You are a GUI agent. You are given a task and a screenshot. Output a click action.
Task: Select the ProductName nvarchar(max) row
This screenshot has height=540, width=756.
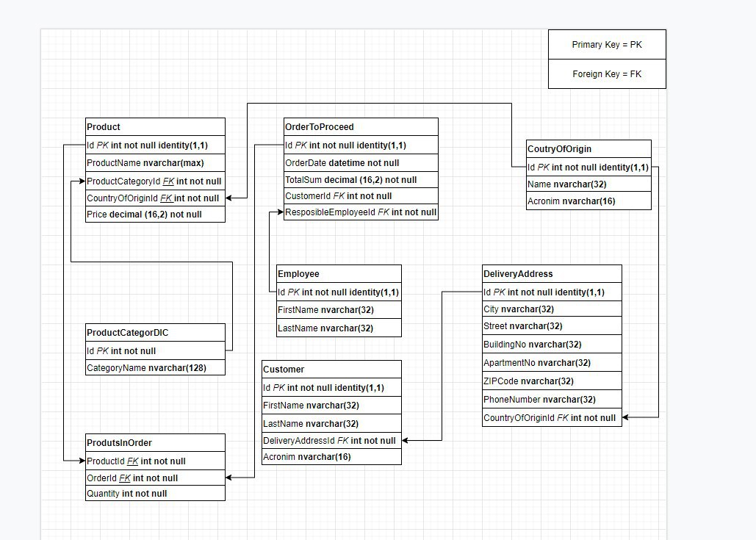[x=155, y=163]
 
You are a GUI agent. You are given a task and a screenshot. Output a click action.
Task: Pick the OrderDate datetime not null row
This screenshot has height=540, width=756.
[x=361, y=163]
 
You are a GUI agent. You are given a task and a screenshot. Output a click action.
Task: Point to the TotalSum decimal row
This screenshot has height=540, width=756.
[x=361, y=180]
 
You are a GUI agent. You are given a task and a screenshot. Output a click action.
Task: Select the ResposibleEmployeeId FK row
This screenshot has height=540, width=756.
[x=361, y=212]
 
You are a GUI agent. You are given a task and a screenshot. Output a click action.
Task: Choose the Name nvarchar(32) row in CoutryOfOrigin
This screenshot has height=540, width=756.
[x=588, y=184]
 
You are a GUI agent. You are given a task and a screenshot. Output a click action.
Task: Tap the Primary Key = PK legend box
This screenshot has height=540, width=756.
[x=607, y=44]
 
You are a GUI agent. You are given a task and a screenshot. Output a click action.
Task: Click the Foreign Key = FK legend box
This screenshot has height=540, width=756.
[x=607, y=73]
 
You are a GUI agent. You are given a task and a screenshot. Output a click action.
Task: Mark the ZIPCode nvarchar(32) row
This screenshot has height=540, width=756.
[x=552, y=381]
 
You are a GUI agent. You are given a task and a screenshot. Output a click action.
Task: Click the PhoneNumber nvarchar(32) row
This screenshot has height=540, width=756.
[x=552, y=399]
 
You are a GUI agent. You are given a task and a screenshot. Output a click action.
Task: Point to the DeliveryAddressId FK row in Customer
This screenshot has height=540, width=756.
[x=332, y=441]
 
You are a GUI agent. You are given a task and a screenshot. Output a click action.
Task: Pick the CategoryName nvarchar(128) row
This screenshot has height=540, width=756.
[x=155, y=368]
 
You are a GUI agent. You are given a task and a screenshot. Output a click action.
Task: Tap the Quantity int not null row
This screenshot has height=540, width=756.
[x=155, y=493]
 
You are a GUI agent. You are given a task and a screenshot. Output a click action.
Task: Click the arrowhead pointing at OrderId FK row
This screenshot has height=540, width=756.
[x=229, y=478]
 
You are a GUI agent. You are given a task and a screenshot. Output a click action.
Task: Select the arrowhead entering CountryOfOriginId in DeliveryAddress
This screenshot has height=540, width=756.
[x=626, y=417]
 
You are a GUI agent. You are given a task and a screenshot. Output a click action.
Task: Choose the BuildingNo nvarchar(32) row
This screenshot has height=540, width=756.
[x=552, y=345]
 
